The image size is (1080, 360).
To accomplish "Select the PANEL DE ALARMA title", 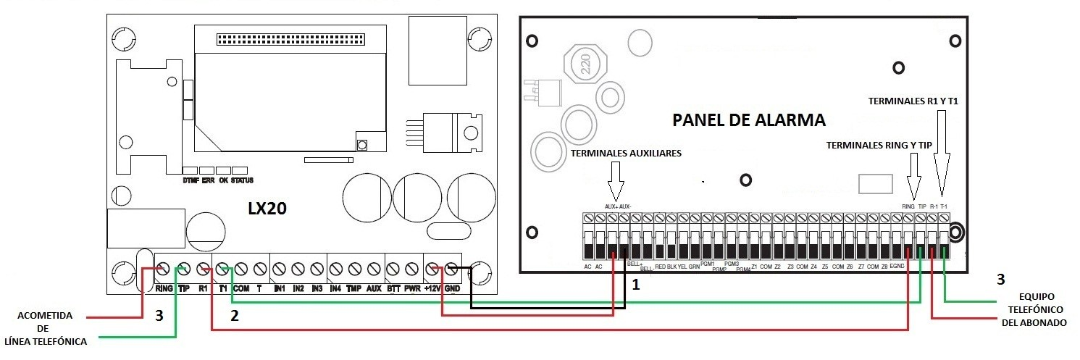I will (x=749, y=120).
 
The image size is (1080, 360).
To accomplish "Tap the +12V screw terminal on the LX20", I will (x=435, y=269).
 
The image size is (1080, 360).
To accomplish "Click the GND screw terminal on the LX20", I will (x=452, y=269).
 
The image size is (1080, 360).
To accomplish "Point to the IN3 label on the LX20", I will (x=317, y=288).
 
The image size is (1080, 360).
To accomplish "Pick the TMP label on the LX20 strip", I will (x=354, y=288).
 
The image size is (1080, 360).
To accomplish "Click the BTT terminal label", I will (x=393, y=288).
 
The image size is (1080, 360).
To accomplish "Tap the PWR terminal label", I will (x=412, y=288).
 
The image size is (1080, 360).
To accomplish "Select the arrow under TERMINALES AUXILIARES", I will (x=616, y=181).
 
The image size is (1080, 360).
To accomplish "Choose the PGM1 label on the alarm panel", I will (x=708, y=264).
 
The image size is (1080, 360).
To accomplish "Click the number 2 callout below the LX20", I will (x=234, y=315).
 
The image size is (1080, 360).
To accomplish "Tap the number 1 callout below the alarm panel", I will (x=636, y=285).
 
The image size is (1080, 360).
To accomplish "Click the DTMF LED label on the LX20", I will (x=191, y=180).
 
